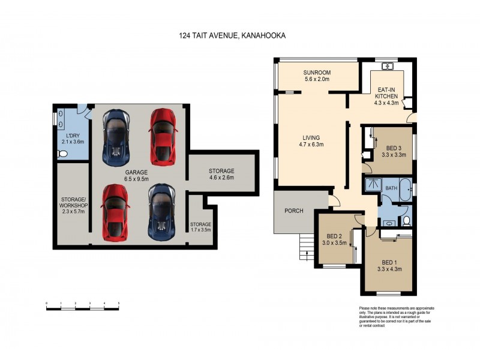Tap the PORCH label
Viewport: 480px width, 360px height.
tap(295, 211)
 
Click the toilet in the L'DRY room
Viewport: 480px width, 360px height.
tap(62, 154)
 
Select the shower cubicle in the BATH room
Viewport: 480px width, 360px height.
tap(372, 185)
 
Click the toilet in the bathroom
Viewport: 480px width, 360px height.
tap(406, 222)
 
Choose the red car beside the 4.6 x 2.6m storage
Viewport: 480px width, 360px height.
tap(162, 136)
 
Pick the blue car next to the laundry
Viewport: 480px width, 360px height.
tap(116, 137)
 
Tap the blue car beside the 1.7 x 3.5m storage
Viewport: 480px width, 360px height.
tap(160, 210)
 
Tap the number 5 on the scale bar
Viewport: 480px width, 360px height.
tap(119, 304)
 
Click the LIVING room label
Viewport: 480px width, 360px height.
tap(311, 137)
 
